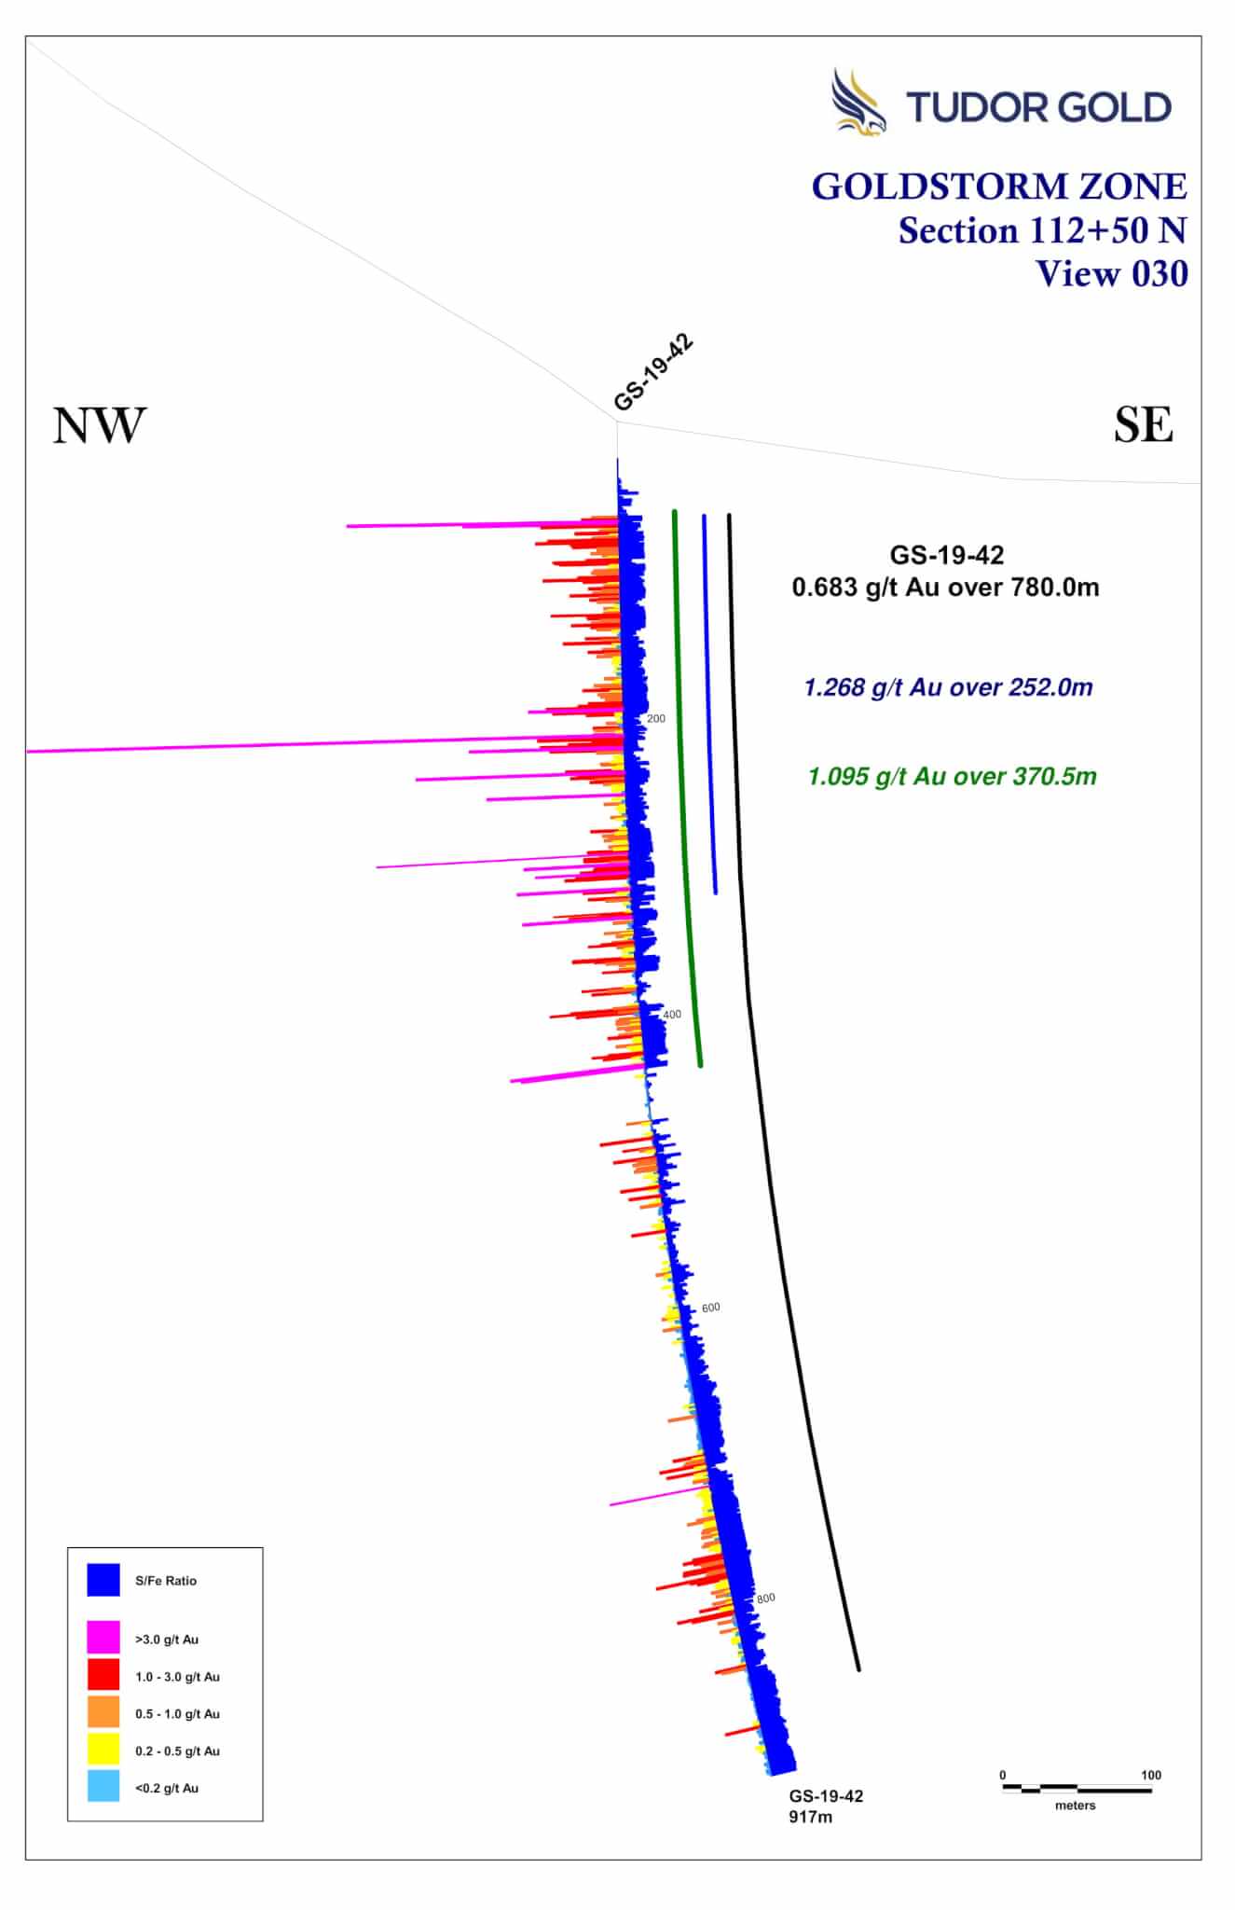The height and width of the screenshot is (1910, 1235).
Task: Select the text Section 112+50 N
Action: pos(1042,230)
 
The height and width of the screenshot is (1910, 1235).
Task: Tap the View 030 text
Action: pos(1112,274)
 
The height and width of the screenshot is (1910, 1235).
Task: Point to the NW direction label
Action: pos(99,426)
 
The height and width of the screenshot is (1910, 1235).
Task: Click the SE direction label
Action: pos(1143,426)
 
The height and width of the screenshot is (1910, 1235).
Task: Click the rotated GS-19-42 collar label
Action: pos(653,372)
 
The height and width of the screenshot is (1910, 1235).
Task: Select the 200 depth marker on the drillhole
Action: pos(656,718)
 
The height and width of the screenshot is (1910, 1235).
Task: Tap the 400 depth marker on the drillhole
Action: pos(671,1014)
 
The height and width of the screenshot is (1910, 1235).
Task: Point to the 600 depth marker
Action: pos(710,1308)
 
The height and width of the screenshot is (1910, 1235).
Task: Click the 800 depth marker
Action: pos(765,1598)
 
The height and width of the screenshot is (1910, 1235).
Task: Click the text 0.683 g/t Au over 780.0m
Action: pos(945,588)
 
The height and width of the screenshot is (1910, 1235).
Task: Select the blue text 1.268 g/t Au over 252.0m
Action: pos(948,687)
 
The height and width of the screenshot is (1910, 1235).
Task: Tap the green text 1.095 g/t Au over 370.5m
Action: pos(952,776)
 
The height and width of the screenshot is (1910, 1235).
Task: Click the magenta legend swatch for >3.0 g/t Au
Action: pos(103,1637)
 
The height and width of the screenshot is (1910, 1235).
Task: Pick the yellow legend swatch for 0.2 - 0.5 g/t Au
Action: pos(103,1749)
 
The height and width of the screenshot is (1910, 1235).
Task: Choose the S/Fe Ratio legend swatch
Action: pos(103,1580)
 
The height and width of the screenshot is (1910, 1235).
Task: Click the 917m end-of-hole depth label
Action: pos(810,1817)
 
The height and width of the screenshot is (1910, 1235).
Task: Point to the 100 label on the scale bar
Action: pos(1150,1775)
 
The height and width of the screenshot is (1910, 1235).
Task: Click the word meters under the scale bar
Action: pos(1075,1806)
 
